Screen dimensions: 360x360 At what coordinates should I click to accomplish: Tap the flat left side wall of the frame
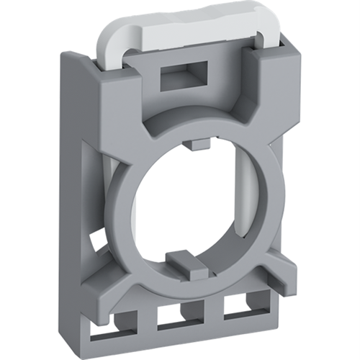click(81, 187)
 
